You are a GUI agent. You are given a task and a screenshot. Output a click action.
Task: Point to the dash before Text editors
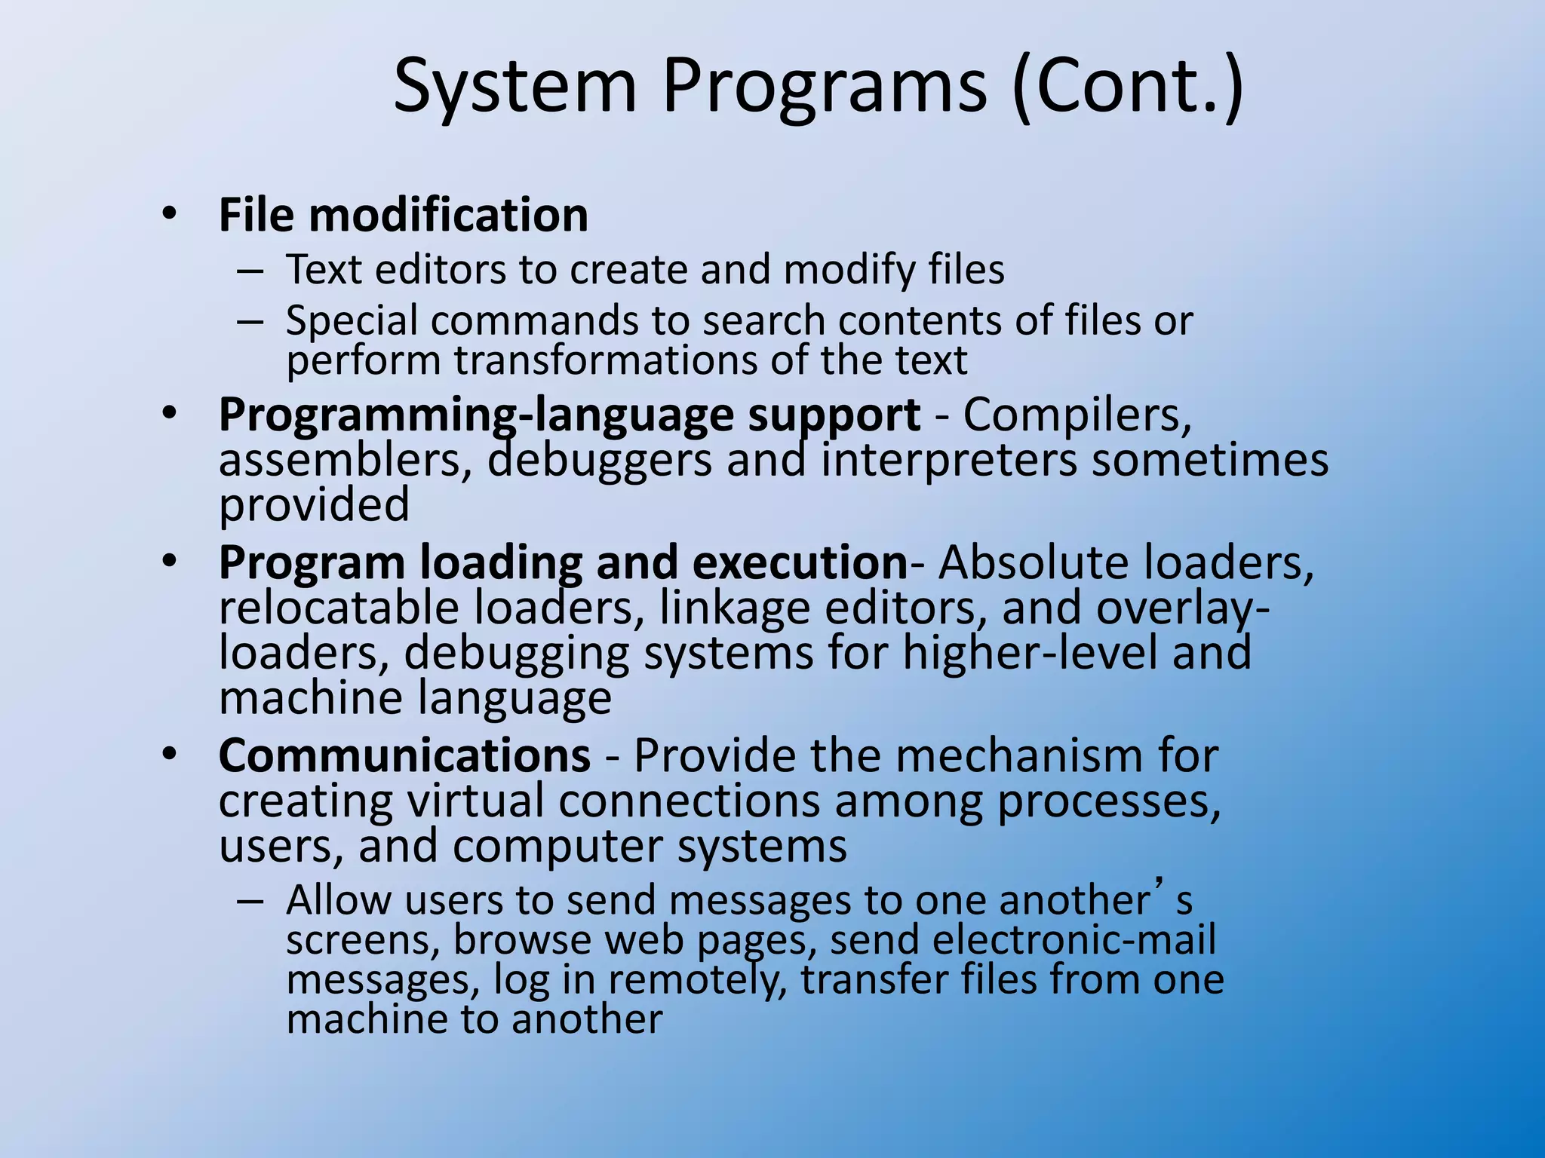pos(250,271)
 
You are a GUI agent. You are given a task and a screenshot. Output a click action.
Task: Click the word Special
pos(352,320)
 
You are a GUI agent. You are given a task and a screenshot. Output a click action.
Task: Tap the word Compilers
pos(1077,415)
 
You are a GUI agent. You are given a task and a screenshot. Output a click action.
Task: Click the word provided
pos(314,505)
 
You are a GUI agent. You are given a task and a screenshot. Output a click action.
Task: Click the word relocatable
pos(339,608)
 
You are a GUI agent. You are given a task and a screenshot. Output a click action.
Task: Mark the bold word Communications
pos(404,755)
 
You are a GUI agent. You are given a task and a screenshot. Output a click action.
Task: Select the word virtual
pos(475,801)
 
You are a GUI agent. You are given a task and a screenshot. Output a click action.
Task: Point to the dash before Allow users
pos(250,901)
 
